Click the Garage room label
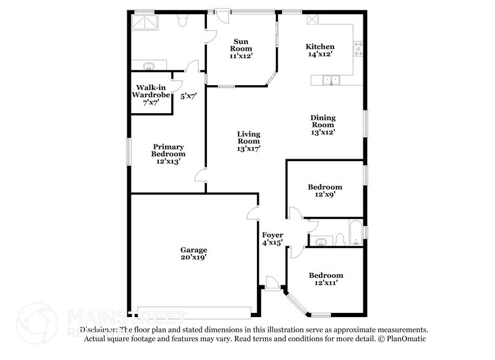pos(193,250)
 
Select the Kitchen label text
pos(320,47)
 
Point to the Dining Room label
pos(323,121)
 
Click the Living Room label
pos(249,137)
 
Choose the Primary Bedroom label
pos(169,150)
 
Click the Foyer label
pos(272,235)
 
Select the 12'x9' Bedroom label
pos(325,187)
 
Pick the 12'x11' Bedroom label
pos(326,276)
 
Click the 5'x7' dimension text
pos(188,96)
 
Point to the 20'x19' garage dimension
pos(193,258)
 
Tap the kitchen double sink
pos(330,79)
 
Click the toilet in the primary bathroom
pos(182,21)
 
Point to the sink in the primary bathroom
pos(148,66)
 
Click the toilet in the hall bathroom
pos(340,238)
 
